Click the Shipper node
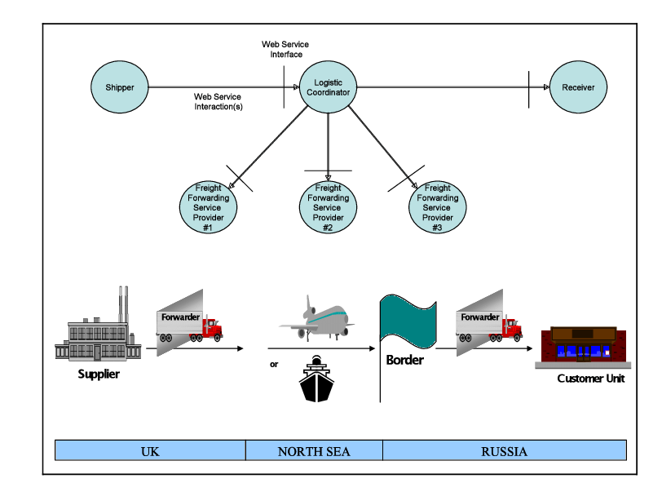(x=119, y=87)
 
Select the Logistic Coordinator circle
(x=328, y=87)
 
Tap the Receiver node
(x=578, y=87)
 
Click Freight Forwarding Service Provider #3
(x=438, y=208)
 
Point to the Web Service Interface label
(x=285, y=49)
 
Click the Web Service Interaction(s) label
(x=218, y=101)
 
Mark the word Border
(x=404, y=360)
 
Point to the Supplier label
(x=99, y=374)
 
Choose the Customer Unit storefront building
(x=583, y=346)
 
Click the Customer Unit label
(x=591, y=379)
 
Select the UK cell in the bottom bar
(x=150, y=450)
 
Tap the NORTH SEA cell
(x=314, y=450)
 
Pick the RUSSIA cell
(x=504, y=450)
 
